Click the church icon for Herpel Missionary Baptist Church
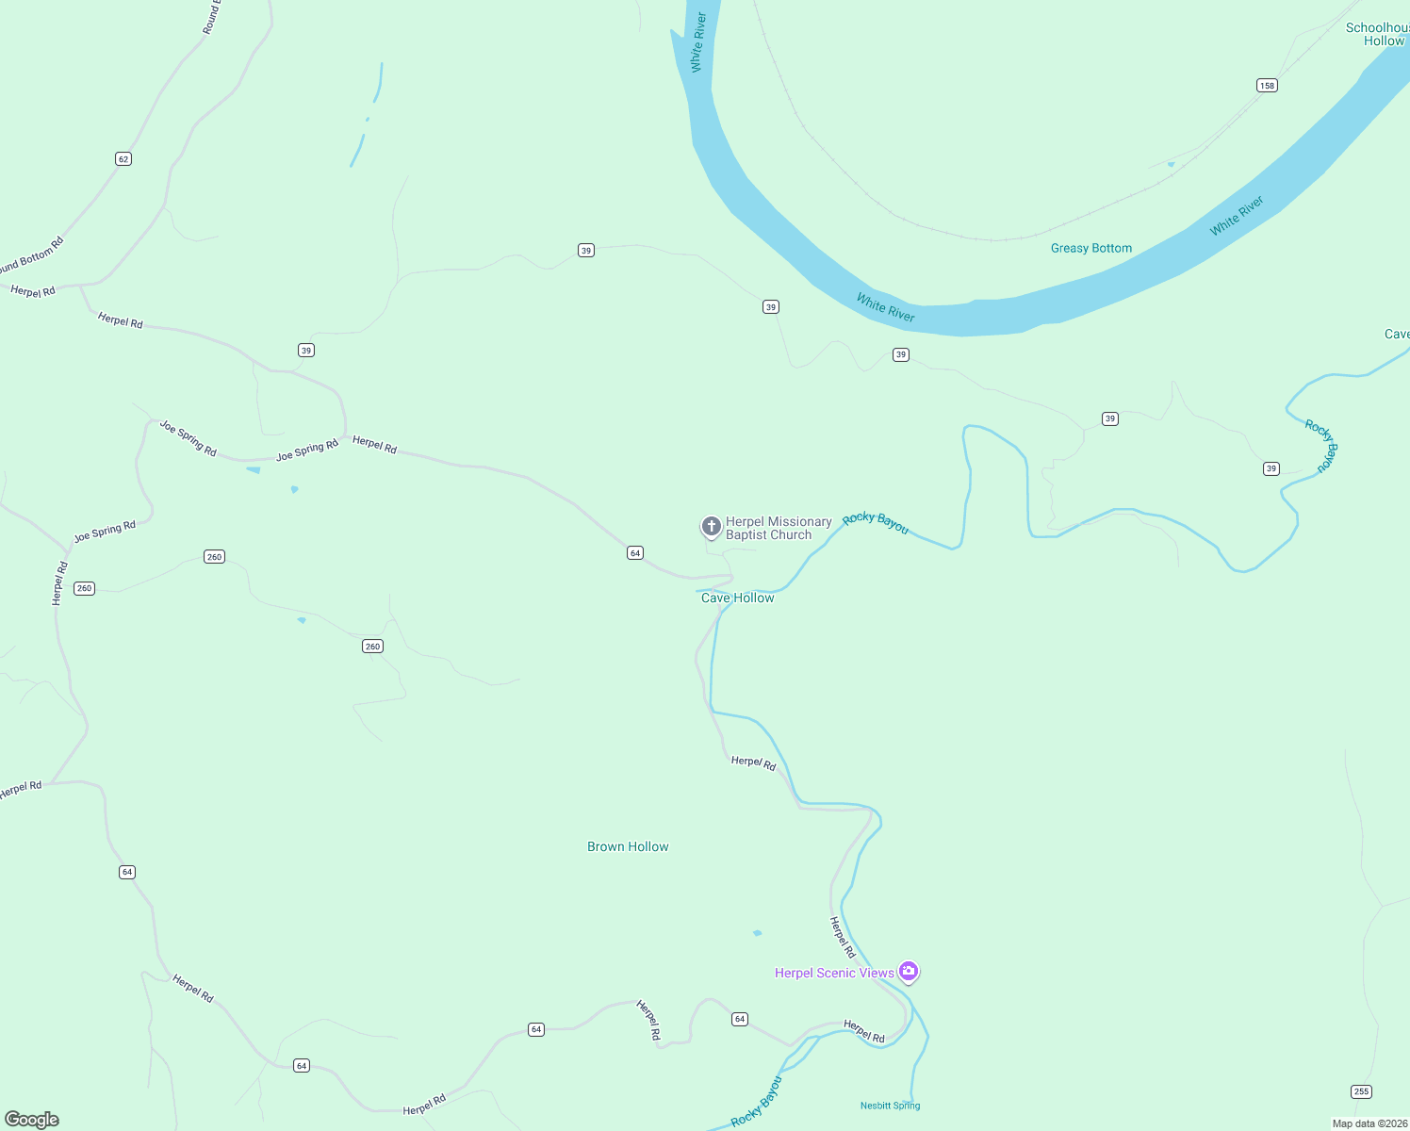(x=712, y=526)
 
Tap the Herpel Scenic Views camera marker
(x=909, y=971)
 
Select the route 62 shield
(x=123, y=158)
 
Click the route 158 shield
(x=1267, y=86)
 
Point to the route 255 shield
(x=1361, y=1091)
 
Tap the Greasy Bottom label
(x=1091, y=249)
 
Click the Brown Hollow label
(x=628, y=847)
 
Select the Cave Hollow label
(x=737, y=598)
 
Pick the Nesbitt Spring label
(x=890, y=1106)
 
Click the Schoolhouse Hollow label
(x=1378, y=35)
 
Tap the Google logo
(x=32, y=1120)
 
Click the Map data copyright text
(x=1369, y=1123)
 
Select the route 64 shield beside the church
(x=635, y=553)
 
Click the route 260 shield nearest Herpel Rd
(x=85, y=588)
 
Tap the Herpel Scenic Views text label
(x=834, y=974)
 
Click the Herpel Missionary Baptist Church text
(x=779, y=529)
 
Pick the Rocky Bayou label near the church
(x=876, y=523)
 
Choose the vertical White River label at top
(x=698, y=42)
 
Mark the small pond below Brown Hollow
(x=757, y=933)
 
